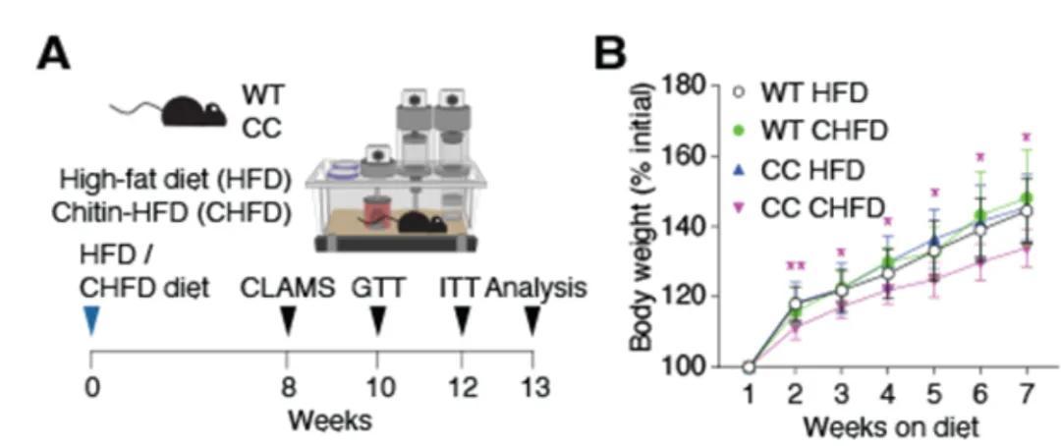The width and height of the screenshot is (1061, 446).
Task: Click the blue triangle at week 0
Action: pyautogui.click(x=90, y=321)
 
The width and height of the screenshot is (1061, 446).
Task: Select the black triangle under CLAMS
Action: pyautogui.click(x=288, y=321)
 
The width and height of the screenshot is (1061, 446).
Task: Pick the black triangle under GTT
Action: pyautogui.click(x=378, y=321)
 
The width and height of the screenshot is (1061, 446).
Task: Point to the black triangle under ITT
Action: pyautogui.click(x=461, y=321)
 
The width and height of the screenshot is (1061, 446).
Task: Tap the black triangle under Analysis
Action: pyautogui.click(x=532, y=321)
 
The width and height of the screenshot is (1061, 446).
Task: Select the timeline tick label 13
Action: pyautogui.click(x=532, y=388)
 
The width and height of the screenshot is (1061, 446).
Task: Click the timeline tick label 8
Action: pyautogui.click(x=288, y=388)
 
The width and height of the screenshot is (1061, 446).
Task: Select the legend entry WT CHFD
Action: pyautogui.click(x=815, y=132)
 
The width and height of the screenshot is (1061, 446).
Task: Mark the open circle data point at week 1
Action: pyautogui.click(x=749, y=367)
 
